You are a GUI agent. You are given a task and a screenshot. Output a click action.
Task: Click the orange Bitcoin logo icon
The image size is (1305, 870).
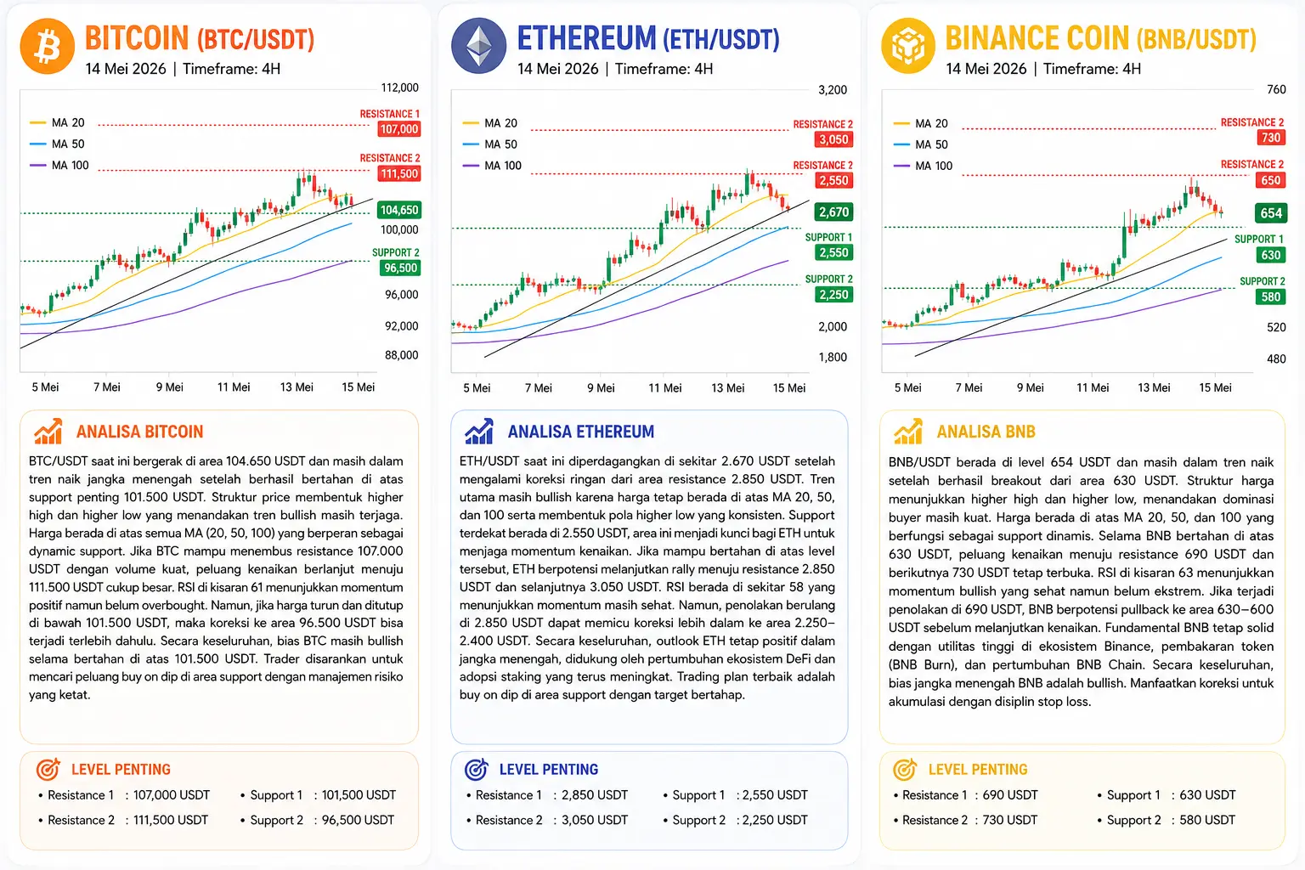pyautogui.click(x=48, y=46)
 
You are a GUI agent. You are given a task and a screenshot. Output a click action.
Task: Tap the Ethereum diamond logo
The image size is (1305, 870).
pyautogui.click(x=479, y=46)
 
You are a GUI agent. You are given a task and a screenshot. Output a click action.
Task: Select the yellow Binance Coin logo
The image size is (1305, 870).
pyautogui.click(x=908, y=46)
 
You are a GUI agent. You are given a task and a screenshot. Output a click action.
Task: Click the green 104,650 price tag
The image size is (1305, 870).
pyautogui.click(x=399, y=210)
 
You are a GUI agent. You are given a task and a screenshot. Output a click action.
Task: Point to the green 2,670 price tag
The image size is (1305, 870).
pyautogui.click(x=833, y=212)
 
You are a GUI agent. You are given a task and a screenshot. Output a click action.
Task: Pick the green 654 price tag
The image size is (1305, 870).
pyautogui.click(x=1271, y=213)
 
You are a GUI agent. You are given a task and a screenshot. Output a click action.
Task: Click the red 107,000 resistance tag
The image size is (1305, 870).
pyautogui.click(x=399, y=129)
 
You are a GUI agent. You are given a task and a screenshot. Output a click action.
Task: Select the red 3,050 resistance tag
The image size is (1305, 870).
pyautogui.click(x=833, y=139)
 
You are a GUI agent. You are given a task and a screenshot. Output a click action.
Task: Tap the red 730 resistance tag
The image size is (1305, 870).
pyautogui.click(x=1271, y=138)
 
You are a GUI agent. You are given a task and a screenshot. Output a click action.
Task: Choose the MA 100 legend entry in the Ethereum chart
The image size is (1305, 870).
pyautogui.click(x=492, y=166)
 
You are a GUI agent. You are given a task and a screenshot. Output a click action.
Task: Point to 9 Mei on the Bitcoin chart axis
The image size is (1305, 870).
pyautogui.click(x=170, y=387)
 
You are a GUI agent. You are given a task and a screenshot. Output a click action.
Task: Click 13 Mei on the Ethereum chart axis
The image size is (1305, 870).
pyautogui.click(x=727, y=387)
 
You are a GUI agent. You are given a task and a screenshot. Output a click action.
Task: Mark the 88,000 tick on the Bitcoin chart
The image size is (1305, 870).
pyautogui.click(x=401, y=355)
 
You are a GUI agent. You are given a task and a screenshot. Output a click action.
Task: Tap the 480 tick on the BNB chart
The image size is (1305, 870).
pyautogui.click(x=1276, y=359)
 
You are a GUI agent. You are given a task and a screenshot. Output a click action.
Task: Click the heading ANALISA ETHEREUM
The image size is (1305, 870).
pyautogui.click(x=581, y=432)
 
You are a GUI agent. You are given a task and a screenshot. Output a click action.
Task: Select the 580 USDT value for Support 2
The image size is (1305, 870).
pyautogui.click(x=1207, y=820)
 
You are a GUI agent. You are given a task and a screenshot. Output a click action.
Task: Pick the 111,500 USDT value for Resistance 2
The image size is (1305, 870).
pyautogui.click(x=171, y=820)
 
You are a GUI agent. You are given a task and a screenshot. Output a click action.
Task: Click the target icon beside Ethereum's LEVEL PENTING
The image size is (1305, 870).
pyautogui.click(x=477, y=770)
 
